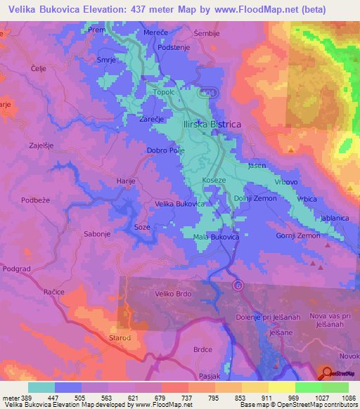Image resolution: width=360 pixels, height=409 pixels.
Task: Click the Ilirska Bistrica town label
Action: [x=211, y=124]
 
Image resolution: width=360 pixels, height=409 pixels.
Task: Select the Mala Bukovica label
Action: [x=217, y=238]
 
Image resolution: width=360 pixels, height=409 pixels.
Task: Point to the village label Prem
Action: [x=96, y=31]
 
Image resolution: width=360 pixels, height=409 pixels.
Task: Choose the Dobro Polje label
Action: [x=166, y=150]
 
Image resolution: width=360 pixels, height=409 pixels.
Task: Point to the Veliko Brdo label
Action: [x=172, y=294]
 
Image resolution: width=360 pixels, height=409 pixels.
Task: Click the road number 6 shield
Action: [x=238, y=284]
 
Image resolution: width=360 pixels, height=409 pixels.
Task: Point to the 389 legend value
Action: [x=27, y=397]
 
